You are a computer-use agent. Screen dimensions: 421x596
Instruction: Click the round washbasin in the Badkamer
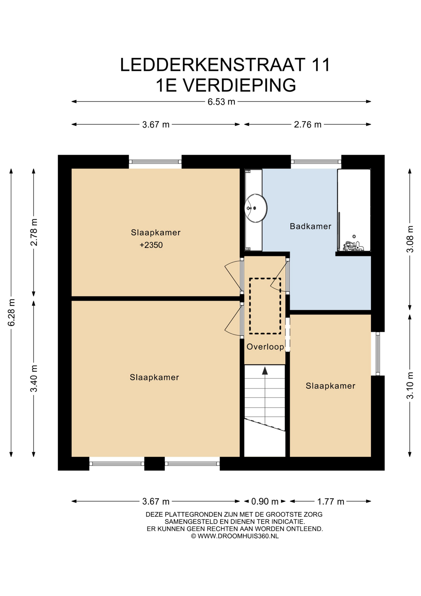coord(255,208)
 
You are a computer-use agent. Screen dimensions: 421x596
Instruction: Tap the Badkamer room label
coord(310,226)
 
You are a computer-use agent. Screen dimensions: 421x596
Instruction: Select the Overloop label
coord(265,347)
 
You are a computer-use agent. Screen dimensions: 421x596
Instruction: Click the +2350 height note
coord(151,245)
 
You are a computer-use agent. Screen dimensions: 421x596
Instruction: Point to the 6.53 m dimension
coord(221,102)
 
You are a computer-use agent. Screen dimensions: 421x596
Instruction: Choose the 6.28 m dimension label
coord(11,313)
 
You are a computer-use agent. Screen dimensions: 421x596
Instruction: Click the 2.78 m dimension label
coord(34,232)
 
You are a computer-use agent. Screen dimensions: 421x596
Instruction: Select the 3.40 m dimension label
coord(34,378)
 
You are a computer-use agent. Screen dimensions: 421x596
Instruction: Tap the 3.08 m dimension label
coord(410,239)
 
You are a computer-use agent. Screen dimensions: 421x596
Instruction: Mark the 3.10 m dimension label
coord(410,385)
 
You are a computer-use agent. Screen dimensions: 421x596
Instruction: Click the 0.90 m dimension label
coord(265,501)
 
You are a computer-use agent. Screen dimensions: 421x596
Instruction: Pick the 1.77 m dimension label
coord(330,501)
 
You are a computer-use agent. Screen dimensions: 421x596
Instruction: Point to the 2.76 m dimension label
coord(308,124)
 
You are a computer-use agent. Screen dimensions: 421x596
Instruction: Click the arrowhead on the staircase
coord(265,371)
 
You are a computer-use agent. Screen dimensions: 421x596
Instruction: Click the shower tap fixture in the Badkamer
coord(354,245)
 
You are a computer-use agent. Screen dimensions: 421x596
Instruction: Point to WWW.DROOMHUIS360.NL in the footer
coord(238,536)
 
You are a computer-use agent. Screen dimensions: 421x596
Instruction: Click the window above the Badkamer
coord(316,162)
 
